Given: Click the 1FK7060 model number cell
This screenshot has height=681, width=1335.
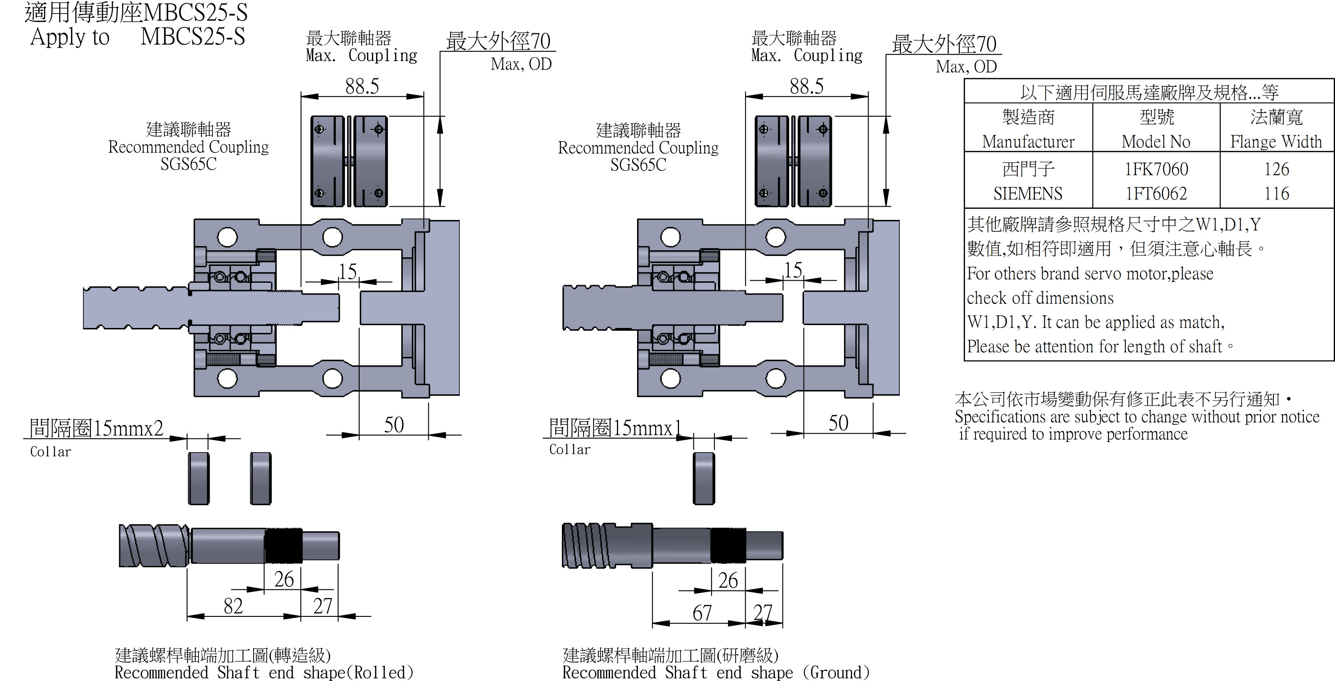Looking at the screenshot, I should tap(1156, 169).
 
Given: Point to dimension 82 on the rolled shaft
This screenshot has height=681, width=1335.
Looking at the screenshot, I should tap(233, 606).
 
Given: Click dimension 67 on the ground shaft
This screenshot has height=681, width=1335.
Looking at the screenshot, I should tap(702, 613).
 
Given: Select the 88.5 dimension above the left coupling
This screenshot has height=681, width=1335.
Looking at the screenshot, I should tap(362, 86).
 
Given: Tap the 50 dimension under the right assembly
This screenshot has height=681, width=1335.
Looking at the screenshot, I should tap(838, 423).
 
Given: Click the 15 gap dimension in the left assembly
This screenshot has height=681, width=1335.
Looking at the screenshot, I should tap(348, 271).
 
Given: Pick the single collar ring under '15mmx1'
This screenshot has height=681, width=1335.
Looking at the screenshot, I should tap(703, 478).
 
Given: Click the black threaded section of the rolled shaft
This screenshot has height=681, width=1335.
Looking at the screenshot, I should tap(284, 545).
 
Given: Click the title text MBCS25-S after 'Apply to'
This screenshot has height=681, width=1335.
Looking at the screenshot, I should tap(192, 37).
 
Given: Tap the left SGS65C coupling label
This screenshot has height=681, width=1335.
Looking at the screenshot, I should tap(188, 164).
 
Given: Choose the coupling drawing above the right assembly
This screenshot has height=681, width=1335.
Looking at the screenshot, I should tap(793, 161).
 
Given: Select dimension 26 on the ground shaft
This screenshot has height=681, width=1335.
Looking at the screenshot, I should tap(728, 580).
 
